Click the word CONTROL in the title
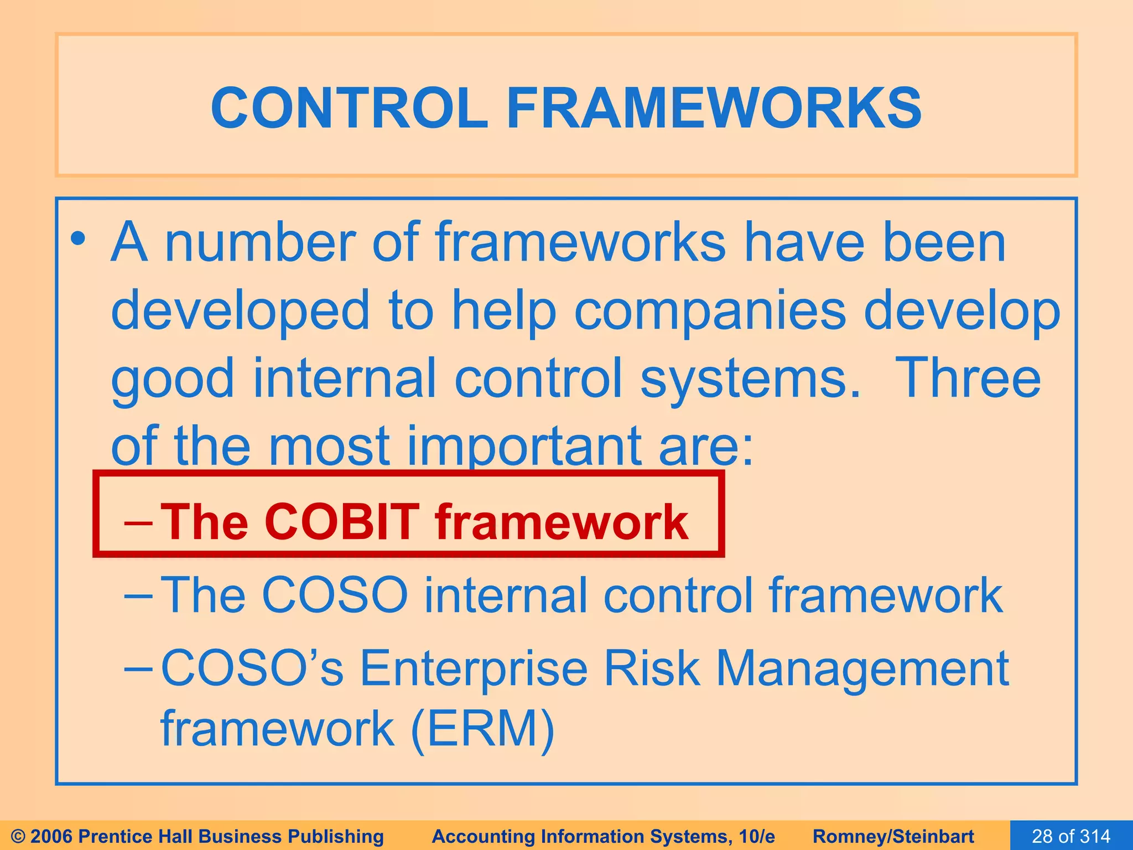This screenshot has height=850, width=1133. tap(349, 108)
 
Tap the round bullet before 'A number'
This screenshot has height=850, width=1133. tap(79, 240)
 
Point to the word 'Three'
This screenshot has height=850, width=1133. tap(968, 379)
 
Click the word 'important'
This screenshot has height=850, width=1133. tap(523, 446)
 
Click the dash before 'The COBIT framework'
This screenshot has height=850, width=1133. tap(138, 522)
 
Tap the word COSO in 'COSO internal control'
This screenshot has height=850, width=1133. tap(334, 595)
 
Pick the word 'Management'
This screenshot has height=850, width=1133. tap(862, 668)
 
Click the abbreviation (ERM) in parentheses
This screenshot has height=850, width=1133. tap(482, 729)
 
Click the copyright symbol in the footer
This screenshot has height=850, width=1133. tap(18, 836)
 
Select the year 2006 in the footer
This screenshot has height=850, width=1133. tap(53, 836)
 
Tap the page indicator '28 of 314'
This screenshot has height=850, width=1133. tap(1071, 836)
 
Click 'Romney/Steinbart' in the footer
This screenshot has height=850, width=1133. tap(893, 836)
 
